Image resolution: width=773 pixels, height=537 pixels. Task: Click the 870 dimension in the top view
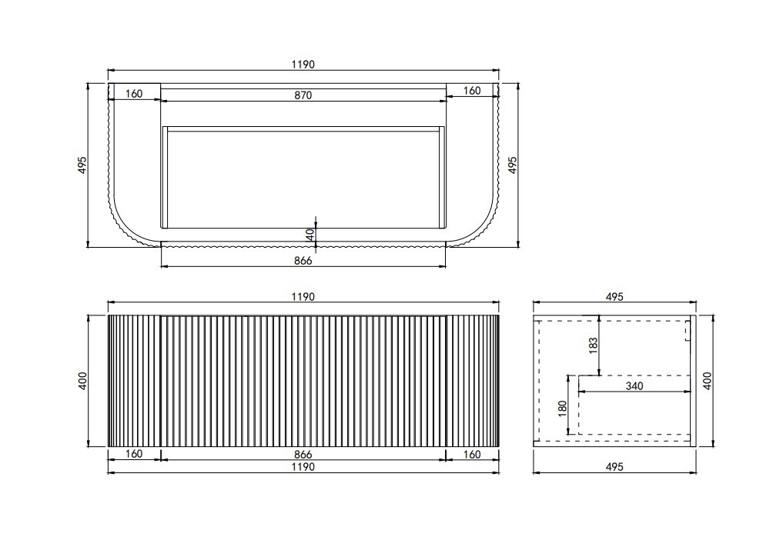click(303, 95)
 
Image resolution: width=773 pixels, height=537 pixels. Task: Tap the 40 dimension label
click(310, 235)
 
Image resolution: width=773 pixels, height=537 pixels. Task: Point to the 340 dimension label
click(634, 385)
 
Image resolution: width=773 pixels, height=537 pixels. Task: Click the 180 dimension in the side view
click(564, 409)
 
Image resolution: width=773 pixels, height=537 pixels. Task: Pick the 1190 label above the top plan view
click(303, 65)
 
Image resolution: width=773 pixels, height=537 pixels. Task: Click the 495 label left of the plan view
click(82, 165)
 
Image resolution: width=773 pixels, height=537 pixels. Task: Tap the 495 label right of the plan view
click(513, 165)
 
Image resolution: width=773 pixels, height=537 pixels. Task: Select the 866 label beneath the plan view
click(303, 260)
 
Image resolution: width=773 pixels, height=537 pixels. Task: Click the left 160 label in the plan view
click(134, 94)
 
